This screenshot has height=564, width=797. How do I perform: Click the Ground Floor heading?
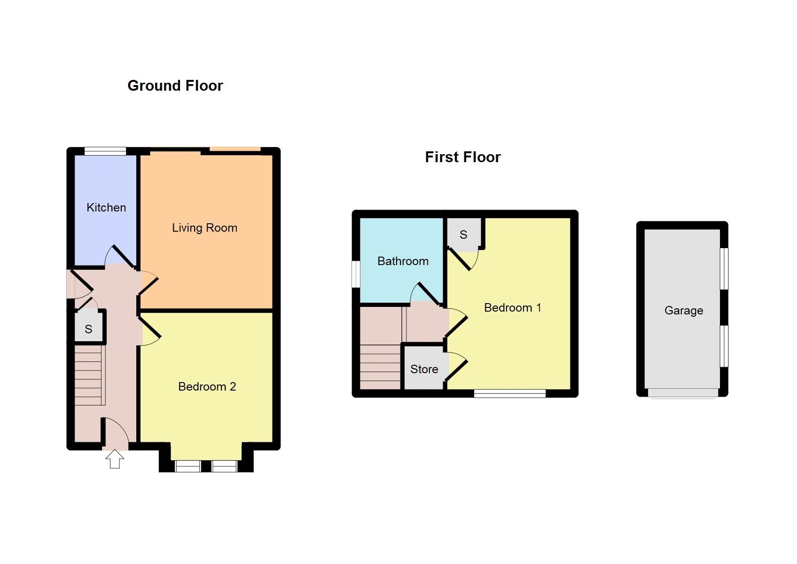click(x=175, y=86)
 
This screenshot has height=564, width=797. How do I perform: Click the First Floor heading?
click(x=462, y=157)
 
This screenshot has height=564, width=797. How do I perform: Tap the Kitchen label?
click(x=106, y=207)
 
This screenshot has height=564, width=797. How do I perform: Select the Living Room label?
click(x=204, y=228)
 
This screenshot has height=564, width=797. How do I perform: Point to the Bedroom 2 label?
click(x=207, y=387)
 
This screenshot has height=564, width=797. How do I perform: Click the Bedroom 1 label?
click(x=512, y=308)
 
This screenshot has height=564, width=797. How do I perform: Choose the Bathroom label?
click(x=403, y=261)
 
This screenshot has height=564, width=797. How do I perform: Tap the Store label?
click(x=424, y=369)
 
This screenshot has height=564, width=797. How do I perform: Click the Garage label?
click(x=683, y=311)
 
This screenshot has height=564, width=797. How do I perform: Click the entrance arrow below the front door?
click(x=115, y=459)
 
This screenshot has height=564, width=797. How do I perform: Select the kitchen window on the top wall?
click(x=105, y=151)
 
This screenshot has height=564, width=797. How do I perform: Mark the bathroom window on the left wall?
click(x=356, y=274)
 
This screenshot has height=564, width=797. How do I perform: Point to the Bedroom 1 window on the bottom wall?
click(x=509, y=393)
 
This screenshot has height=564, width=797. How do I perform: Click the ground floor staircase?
click(x=88, y=375)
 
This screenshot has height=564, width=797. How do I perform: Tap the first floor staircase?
click(x=380, y=368)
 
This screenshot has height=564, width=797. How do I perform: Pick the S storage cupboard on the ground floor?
click(x=88, y=329)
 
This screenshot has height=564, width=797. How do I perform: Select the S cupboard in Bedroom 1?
click(x=463, y=234)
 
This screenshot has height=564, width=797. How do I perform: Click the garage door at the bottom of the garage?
click(x=682, y=393)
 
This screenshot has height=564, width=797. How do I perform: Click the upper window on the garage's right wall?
click(x=724, y=268)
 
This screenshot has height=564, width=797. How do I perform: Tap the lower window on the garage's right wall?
click(x=724, y=346)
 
